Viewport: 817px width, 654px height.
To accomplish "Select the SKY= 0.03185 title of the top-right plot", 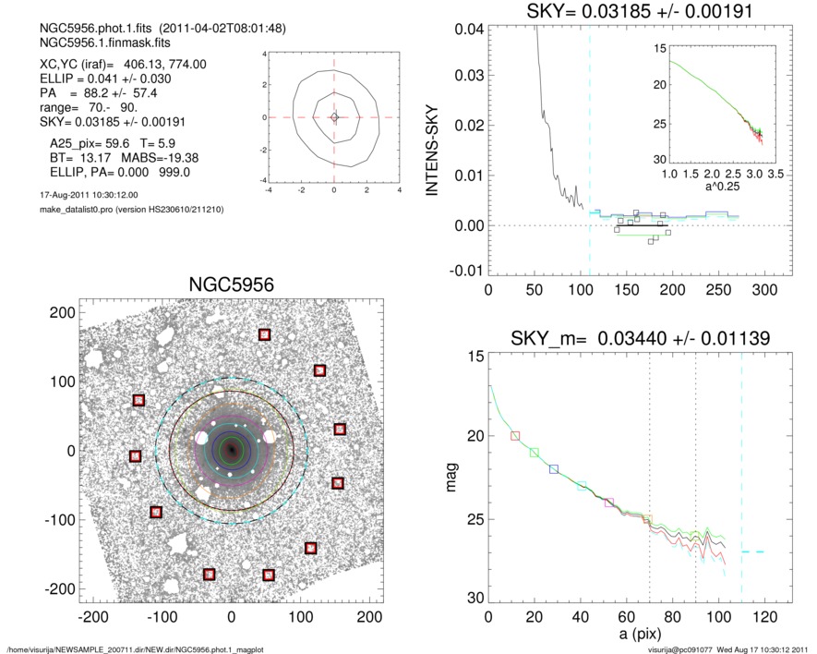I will [628, 12].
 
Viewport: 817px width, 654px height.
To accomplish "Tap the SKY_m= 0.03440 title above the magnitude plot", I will [628, 341].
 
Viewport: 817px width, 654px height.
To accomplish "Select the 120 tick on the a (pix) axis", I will [764, 617].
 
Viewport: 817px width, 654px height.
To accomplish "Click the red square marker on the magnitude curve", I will [515, 435].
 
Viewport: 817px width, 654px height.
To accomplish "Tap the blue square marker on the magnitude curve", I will [554, 469].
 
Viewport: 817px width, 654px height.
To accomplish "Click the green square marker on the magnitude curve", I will [535, 453].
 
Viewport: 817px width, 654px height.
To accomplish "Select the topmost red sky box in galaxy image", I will [265, 334].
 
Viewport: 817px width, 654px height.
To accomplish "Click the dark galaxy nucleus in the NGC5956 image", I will [231, 450].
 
